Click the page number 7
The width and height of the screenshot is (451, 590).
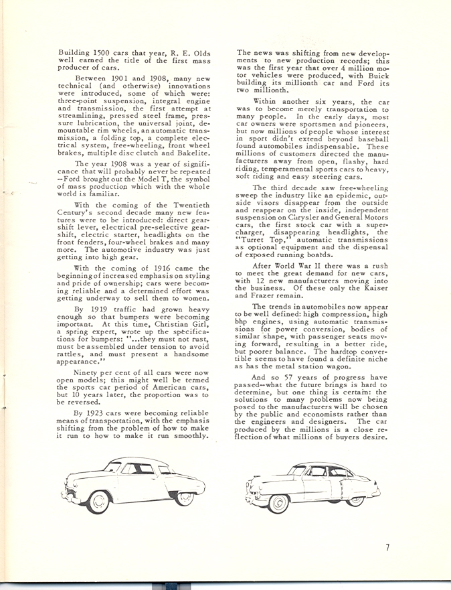(x=387, y=548)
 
